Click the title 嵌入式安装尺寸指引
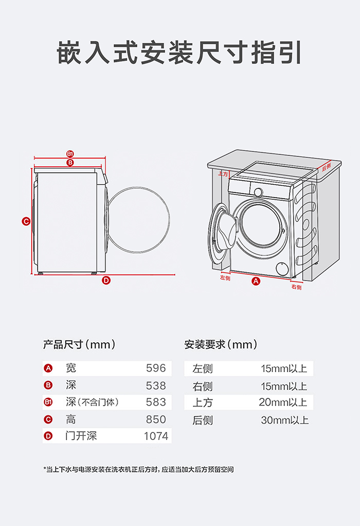click(x=179, y=52)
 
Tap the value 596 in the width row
click(x=156, y=368)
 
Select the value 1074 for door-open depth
click(x=156, y=436)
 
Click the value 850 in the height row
click(x=156, y=419)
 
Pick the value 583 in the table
click(x=156, y=402)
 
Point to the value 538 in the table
click(x=156, y=385)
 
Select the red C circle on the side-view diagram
click(x=26, y=221)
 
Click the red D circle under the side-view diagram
click(x=106, y=280)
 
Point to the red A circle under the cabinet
click(x=256, y=281)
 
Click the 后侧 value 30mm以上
click(x=284, y=420)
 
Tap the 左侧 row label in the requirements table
click(x=203, y=369)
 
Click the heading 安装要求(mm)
click(x=220, y=344)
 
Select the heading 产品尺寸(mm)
click(x=79, y=344)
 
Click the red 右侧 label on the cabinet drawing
click(x=296, y=287)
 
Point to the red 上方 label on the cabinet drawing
click(x=223, y=174)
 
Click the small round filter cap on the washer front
click(x=282, y=269)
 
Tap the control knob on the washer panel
click(x=259, y=191)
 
